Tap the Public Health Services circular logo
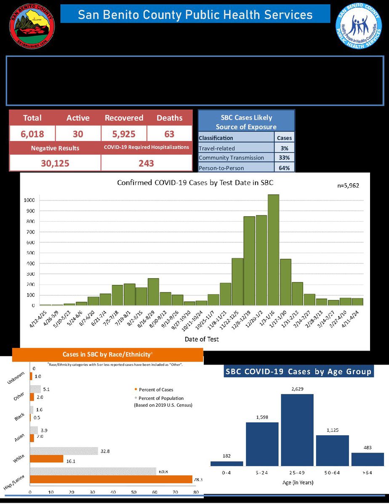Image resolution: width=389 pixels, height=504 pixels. coord(359,27)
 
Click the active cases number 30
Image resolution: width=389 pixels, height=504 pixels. coord(78,134)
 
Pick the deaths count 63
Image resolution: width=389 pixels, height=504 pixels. coord(169,134)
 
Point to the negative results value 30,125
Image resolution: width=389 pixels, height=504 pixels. coord(55,163)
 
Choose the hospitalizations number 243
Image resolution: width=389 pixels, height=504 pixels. coord(146,163)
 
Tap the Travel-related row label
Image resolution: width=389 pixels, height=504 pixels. coord(217,148)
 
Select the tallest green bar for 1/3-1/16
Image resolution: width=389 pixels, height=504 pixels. coord(273,249)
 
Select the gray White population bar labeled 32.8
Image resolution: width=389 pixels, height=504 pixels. coord(64,451)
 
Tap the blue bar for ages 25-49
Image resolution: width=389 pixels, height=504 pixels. coord(297,429)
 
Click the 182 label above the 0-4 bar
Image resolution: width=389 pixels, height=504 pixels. coord(226,456)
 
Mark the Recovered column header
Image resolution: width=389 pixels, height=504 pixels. coord(124,118)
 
